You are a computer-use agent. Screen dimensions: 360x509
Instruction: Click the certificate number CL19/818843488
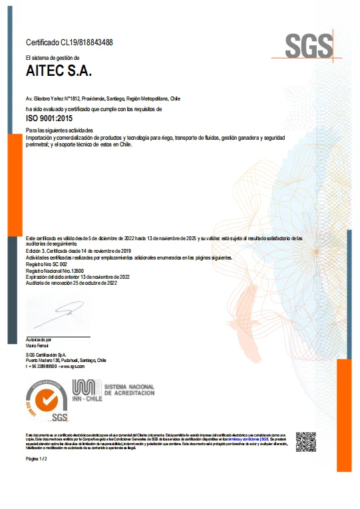pos(69,43)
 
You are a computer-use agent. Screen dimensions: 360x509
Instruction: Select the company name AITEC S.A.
pos(59,70)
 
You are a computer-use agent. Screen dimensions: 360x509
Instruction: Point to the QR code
pos(305,442)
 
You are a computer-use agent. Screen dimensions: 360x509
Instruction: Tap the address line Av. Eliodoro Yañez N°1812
pos(102,98)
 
